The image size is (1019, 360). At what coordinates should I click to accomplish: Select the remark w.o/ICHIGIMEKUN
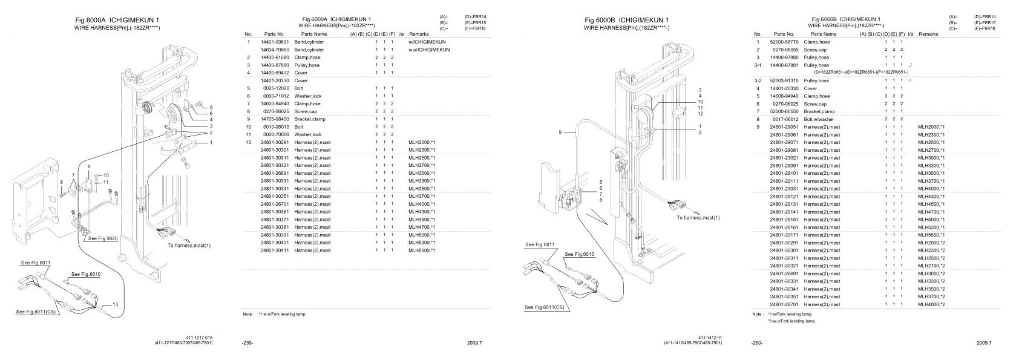click(429, 50)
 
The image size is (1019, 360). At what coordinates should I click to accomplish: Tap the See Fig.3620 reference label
click(103, 238)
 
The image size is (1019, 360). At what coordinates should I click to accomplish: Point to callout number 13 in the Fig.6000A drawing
click(115, 304)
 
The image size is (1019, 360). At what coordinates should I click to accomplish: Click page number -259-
click(247, 343)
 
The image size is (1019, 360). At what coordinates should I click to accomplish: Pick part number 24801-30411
click(275, 250)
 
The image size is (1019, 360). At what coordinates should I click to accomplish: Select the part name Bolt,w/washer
click(818, 119)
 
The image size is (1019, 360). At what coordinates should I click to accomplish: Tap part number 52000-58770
click(784, 42)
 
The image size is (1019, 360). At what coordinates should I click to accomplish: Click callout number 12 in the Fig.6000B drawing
click(700, 114)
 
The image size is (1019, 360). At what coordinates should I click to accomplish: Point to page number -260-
click(757, 343)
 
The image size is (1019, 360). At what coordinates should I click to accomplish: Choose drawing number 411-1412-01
click(710, 337)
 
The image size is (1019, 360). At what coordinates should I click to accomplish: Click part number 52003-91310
click(784, 80)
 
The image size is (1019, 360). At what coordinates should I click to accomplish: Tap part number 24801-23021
click(785, 158)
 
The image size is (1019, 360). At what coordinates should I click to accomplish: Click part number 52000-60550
click(784, 111)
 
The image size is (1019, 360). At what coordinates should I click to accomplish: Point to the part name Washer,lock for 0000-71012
click(308, 96)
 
